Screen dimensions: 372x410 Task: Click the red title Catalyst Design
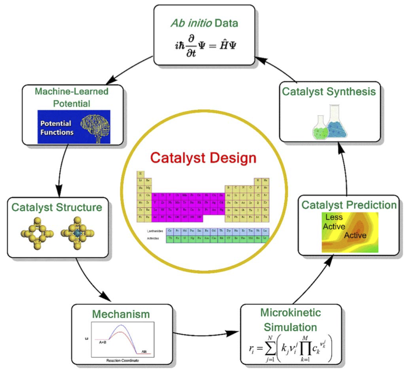(202, 157)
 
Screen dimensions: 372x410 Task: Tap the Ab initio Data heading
(204, 23)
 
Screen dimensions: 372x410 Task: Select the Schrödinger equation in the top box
(204, 48)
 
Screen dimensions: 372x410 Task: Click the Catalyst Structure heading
(60, 207)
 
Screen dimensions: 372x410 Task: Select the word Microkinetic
(289, 313)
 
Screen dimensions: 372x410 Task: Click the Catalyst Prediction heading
(347, 204)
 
